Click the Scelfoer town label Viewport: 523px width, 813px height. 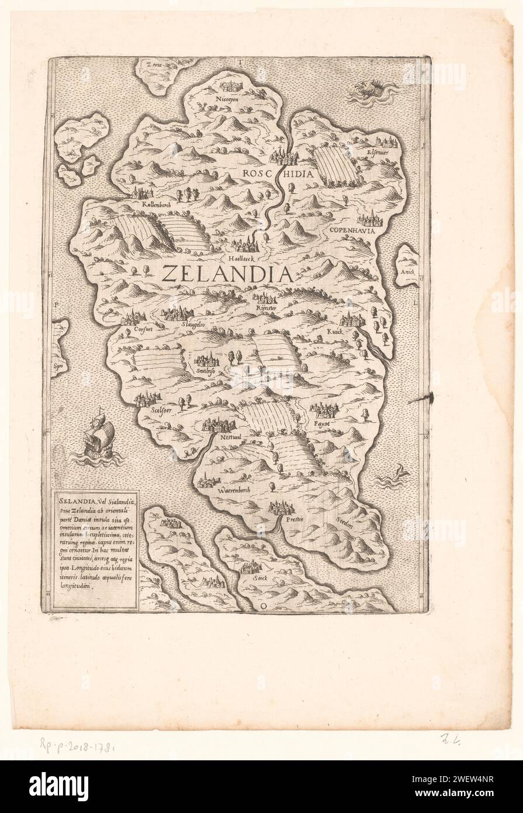pyautogui.click(x=150, y=411)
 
